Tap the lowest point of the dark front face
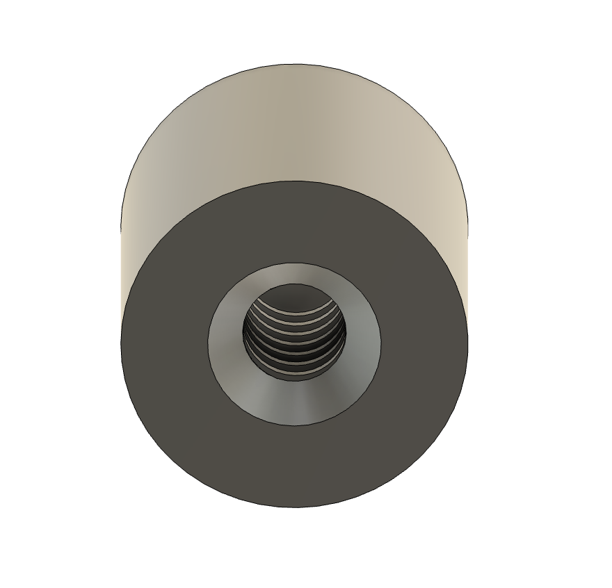(294, 507)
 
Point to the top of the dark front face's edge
(294, 181)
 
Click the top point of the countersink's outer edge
(294, 263)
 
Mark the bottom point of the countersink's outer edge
(294, 425)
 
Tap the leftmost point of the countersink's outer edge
(208, 343)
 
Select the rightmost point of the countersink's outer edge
(380, 343)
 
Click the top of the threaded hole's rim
(294, 284)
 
